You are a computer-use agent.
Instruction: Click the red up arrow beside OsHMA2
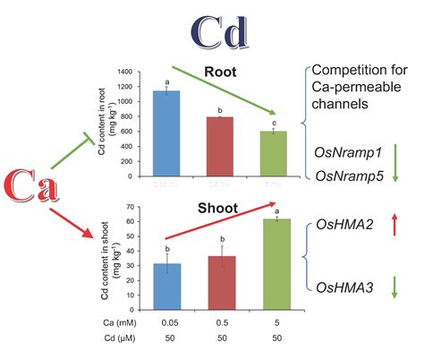click(x=394, y=229)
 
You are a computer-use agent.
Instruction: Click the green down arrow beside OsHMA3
click(x=394, y=288)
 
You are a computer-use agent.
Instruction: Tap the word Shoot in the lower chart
click(x=218, y=209)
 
